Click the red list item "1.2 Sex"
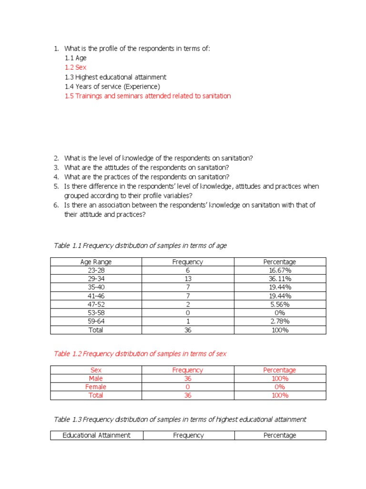click(76, 67)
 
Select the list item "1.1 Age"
click(76, 58)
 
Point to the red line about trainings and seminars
click(148, 96)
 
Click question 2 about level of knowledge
click(158, 158)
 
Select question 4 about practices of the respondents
click(147, 177)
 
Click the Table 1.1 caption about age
click(140, 245)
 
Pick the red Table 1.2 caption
click(140, 354)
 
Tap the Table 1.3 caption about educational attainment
click(180, 419)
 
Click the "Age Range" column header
click(96, 262)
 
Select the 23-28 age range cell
click(96, 270)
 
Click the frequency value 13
click(187, 279)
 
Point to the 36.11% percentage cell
click(280, 279)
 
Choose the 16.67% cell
click(280, 270)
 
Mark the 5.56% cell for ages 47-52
click(280, 304)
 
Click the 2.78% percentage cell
click(280, 321)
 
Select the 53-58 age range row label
click(96, 313)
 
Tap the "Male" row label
click(96, 379)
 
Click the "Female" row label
click(96, 387)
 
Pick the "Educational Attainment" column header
click(96, 436)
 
